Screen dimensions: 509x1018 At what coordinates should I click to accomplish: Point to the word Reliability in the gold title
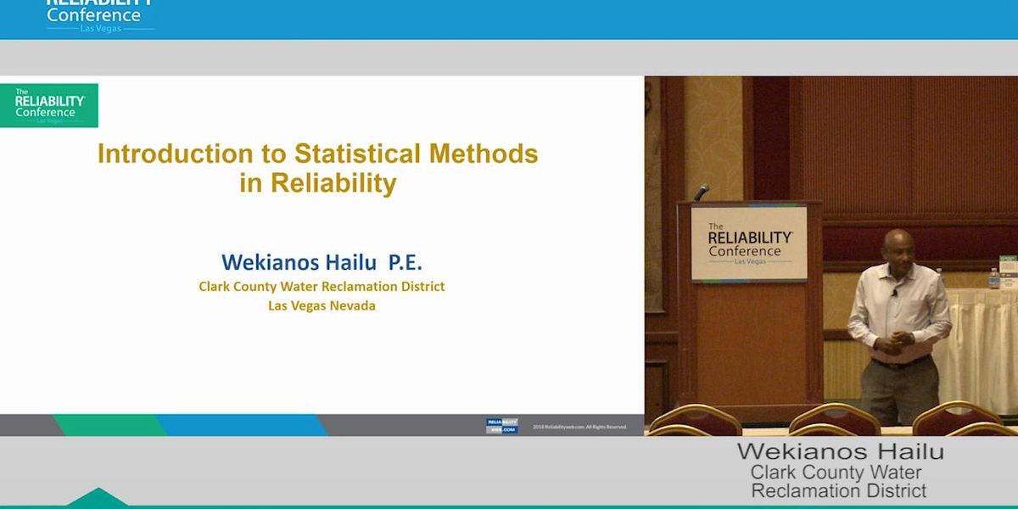point(333,183)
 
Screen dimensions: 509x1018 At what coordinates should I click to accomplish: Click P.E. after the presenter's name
point(405,261)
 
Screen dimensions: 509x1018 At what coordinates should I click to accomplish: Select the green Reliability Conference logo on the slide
point(49,105)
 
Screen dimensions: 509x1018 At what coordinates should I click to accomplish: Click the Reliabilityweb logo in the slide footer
point(501,426)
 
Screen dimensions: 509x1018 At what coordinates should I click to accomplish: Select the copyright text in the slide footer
point(580,427)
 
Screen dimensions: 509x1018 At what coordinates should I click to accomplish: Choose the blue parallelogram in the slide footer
point(242,425)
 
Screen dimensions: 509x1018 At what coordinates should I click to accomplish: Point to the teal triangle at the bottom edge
point(98,497)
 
